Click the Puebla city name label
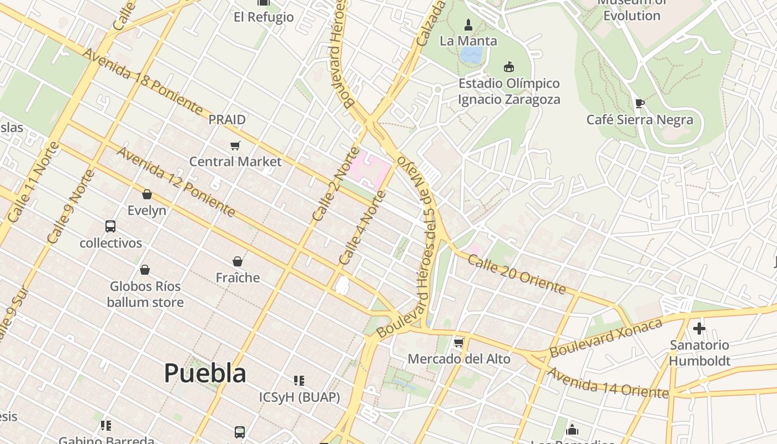(205, 374)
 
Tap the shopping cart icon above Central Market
(235, 146)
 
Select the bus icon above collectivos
(110, 226)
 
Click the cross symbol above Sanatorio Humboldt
(699, 328)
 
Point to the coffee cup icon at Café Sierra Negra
(639, 103)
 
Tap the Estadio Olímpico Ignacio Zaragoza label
(508, 92)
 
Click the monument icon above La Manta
(468, 25)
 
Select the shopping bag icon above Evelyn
(147, 194)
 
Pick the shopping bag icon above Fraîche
(238, 261)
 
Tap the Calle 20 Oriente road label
(517, 274)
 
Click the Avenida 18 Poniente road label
(143, 81)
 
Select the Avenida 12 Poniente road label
(176, 181)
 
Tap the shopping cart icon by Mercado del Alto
(458, 342)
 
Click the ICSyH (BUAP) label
(300, 397)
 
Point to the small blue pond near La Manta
(471, 54)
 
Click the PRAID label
(227, 119)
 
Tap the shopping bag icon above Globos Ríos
(145, 270)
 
